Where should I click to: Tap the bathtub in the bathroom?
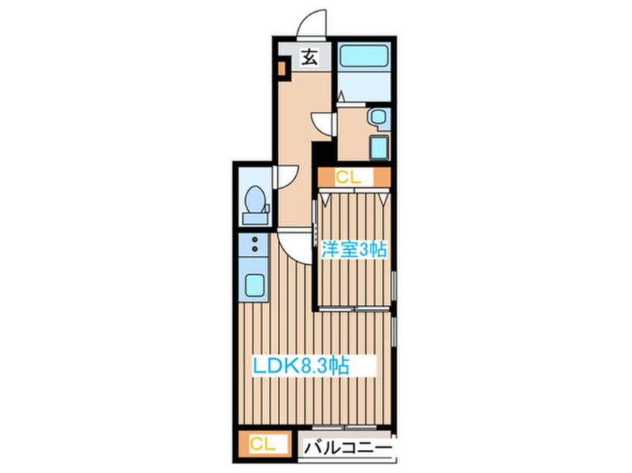pyautogui.click(x=362, y=57)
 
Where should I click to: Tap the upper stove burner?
pyautogui.click(x=255, y=241)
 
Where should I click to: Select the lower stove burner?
pyautogui.click(x=255, y=250)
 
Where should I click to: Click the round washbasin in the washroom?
pyautogui.click(x=377, y=116)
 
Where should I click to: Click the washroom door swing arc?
pyautogui.click(x=323, y=124)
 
